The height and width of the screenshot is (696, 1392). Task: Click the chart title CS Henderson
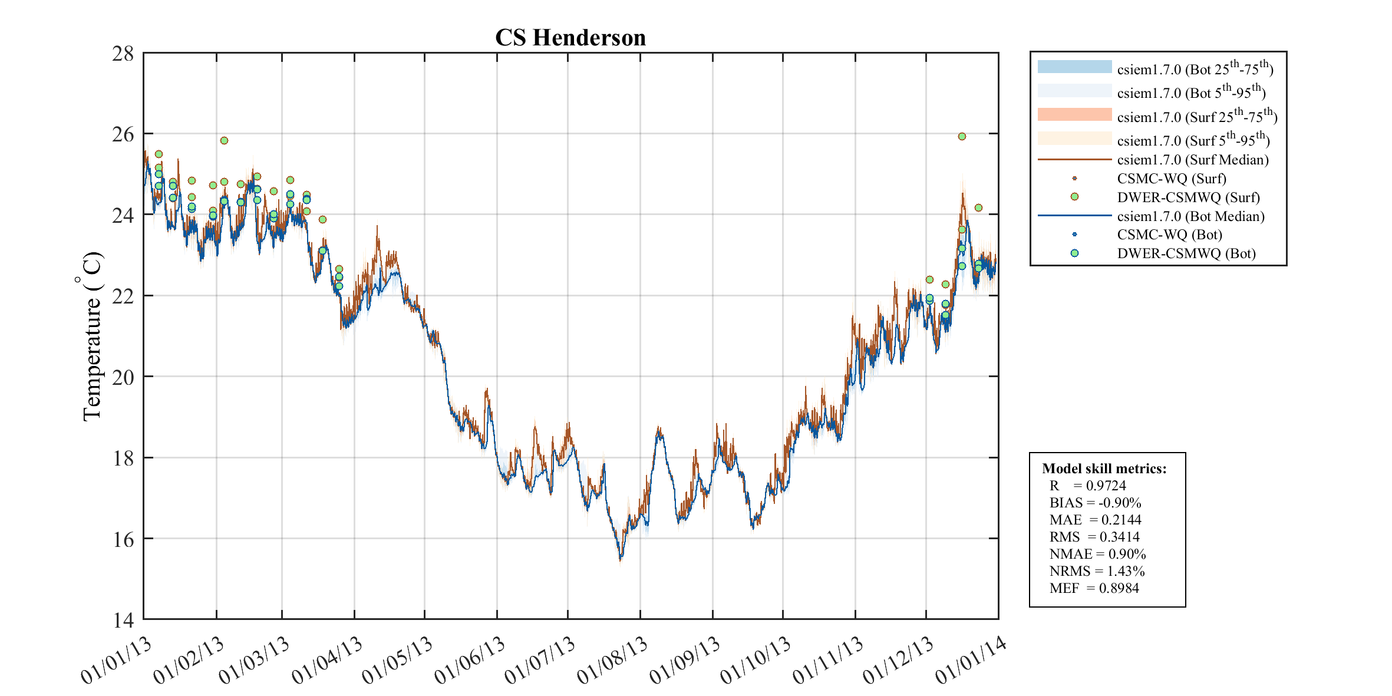pyautogui.click(x=570, y=38)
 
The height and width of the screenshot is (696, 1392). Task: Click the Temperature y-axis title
pyautogui.click(x=91, y=336)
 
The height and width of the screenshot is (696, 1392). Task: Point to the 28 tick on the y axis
pyautogui.click(x=123, y=54)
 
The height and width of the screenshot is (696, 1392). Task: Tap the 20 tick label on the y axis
pyautogui.click(x=123, y=377)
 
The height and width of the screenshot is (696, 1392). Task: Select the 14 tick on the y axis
pyautogui.click(x=123, y=620)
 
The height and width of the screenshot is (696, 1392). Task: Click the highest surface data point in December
pyautogui.click(x=962, y=137)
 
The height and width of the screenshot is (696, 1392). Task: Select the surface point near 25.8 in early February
pyautogui.click(x=224, y=141)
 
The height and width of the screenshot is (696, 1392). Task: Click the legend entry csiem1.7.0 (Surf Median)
pyautogui.click(x=1192, y=160)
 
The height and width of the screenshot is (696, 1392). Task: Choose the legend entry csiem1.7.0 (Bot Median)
pyautogui.click(x=1190, y=216)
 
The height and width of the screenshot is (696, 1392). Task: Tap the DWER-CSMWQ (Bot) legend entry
pyautogui.click(x=1186, y=253)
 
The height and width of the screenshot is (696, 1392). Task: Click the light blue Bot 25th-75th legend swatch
pyautogui.click(x=1074, y=67)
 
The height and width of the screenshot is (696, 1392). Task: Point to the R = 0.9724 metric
pyautogui.click(x=1087, y=486)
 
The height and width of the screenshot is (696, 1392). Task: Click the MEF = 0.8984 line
pyautogui.click(x=1094, y=588)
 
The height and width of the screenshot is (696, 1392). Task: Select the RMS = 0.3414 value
pyautogui.click(x=1094, y=537)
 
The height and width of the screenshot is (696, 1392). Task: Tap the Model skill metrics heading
pyautogui.click(x=1104, y=469)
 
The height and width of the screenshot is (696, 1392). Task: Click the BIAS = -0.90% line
pyautogui.click(x=1095, y=503)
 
